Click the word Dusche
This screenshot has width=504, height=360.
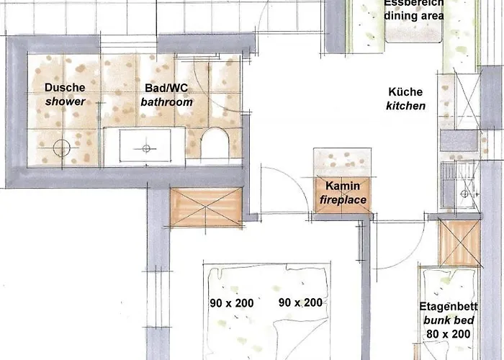tap(65, 88)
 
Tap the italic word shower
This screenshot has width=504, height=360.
tap(65, 102)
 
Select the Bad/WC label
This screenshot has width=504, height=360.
tap(166, 88)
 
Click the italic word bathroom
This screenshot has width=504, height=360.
tap(166, 102)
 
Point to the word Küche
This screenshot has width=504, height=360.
tap(405, 92)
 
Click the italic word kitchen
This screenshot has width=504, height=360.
tap(405, 106)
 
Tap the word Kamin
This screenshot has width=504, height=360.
tap(342, 186)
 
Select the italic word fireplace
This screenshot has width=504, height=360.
tap(342, 199)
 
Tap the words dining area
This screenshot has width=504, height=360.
tap(413, 14)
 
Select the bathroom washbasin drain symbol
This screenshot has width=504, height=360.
tap(146, 148)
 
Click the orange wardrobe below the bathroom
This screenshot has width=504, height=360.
tap(205, 207)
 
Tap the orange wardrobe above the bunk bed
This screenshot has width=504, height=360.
tap(459, 243)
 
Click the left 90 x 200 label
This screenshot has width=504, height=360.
tap(232, 303)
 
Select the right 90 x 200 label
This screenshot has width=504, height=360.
tap(300, 302)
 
